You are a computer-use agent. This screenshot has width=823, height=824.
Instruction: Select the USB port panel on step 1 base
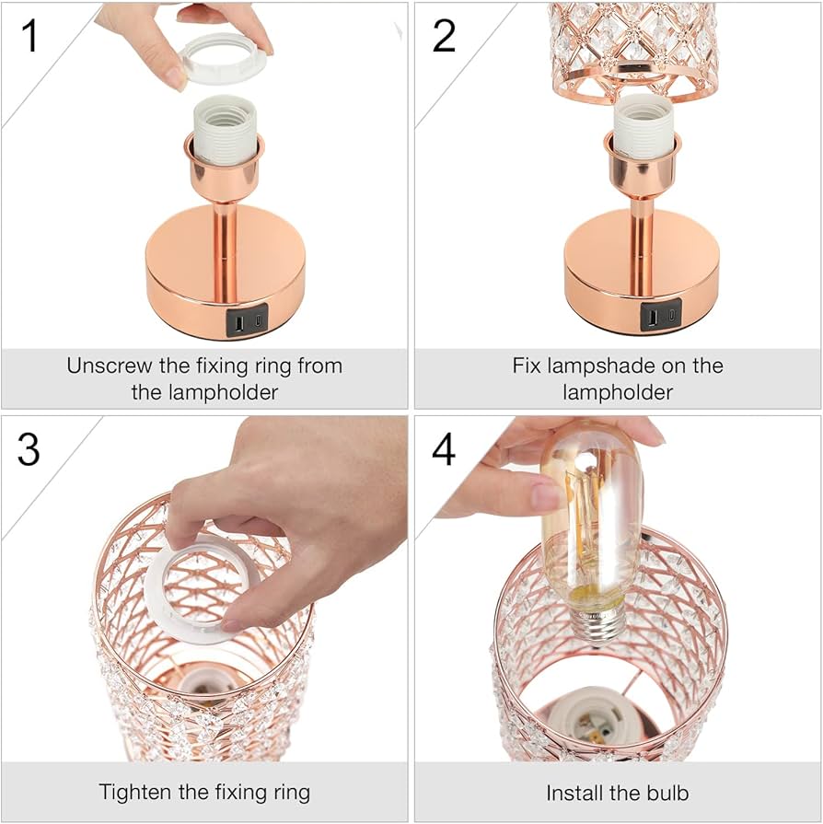(x=246, y=322)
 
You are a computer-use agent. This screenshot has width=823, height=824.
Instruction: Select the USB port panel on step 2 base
(x=660, y=316)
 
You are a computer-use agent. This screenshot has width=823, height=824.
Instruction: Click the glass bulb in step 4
(x=590, y=516)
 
